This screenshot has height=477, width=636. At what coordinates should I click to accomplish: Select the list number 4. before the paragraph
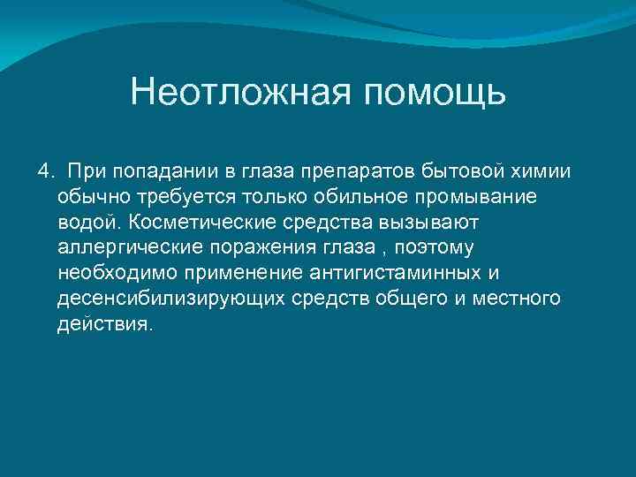(x=47, y=169)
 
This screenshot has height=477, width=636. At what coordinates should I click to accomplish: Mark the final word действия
(x=104, y=323)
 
